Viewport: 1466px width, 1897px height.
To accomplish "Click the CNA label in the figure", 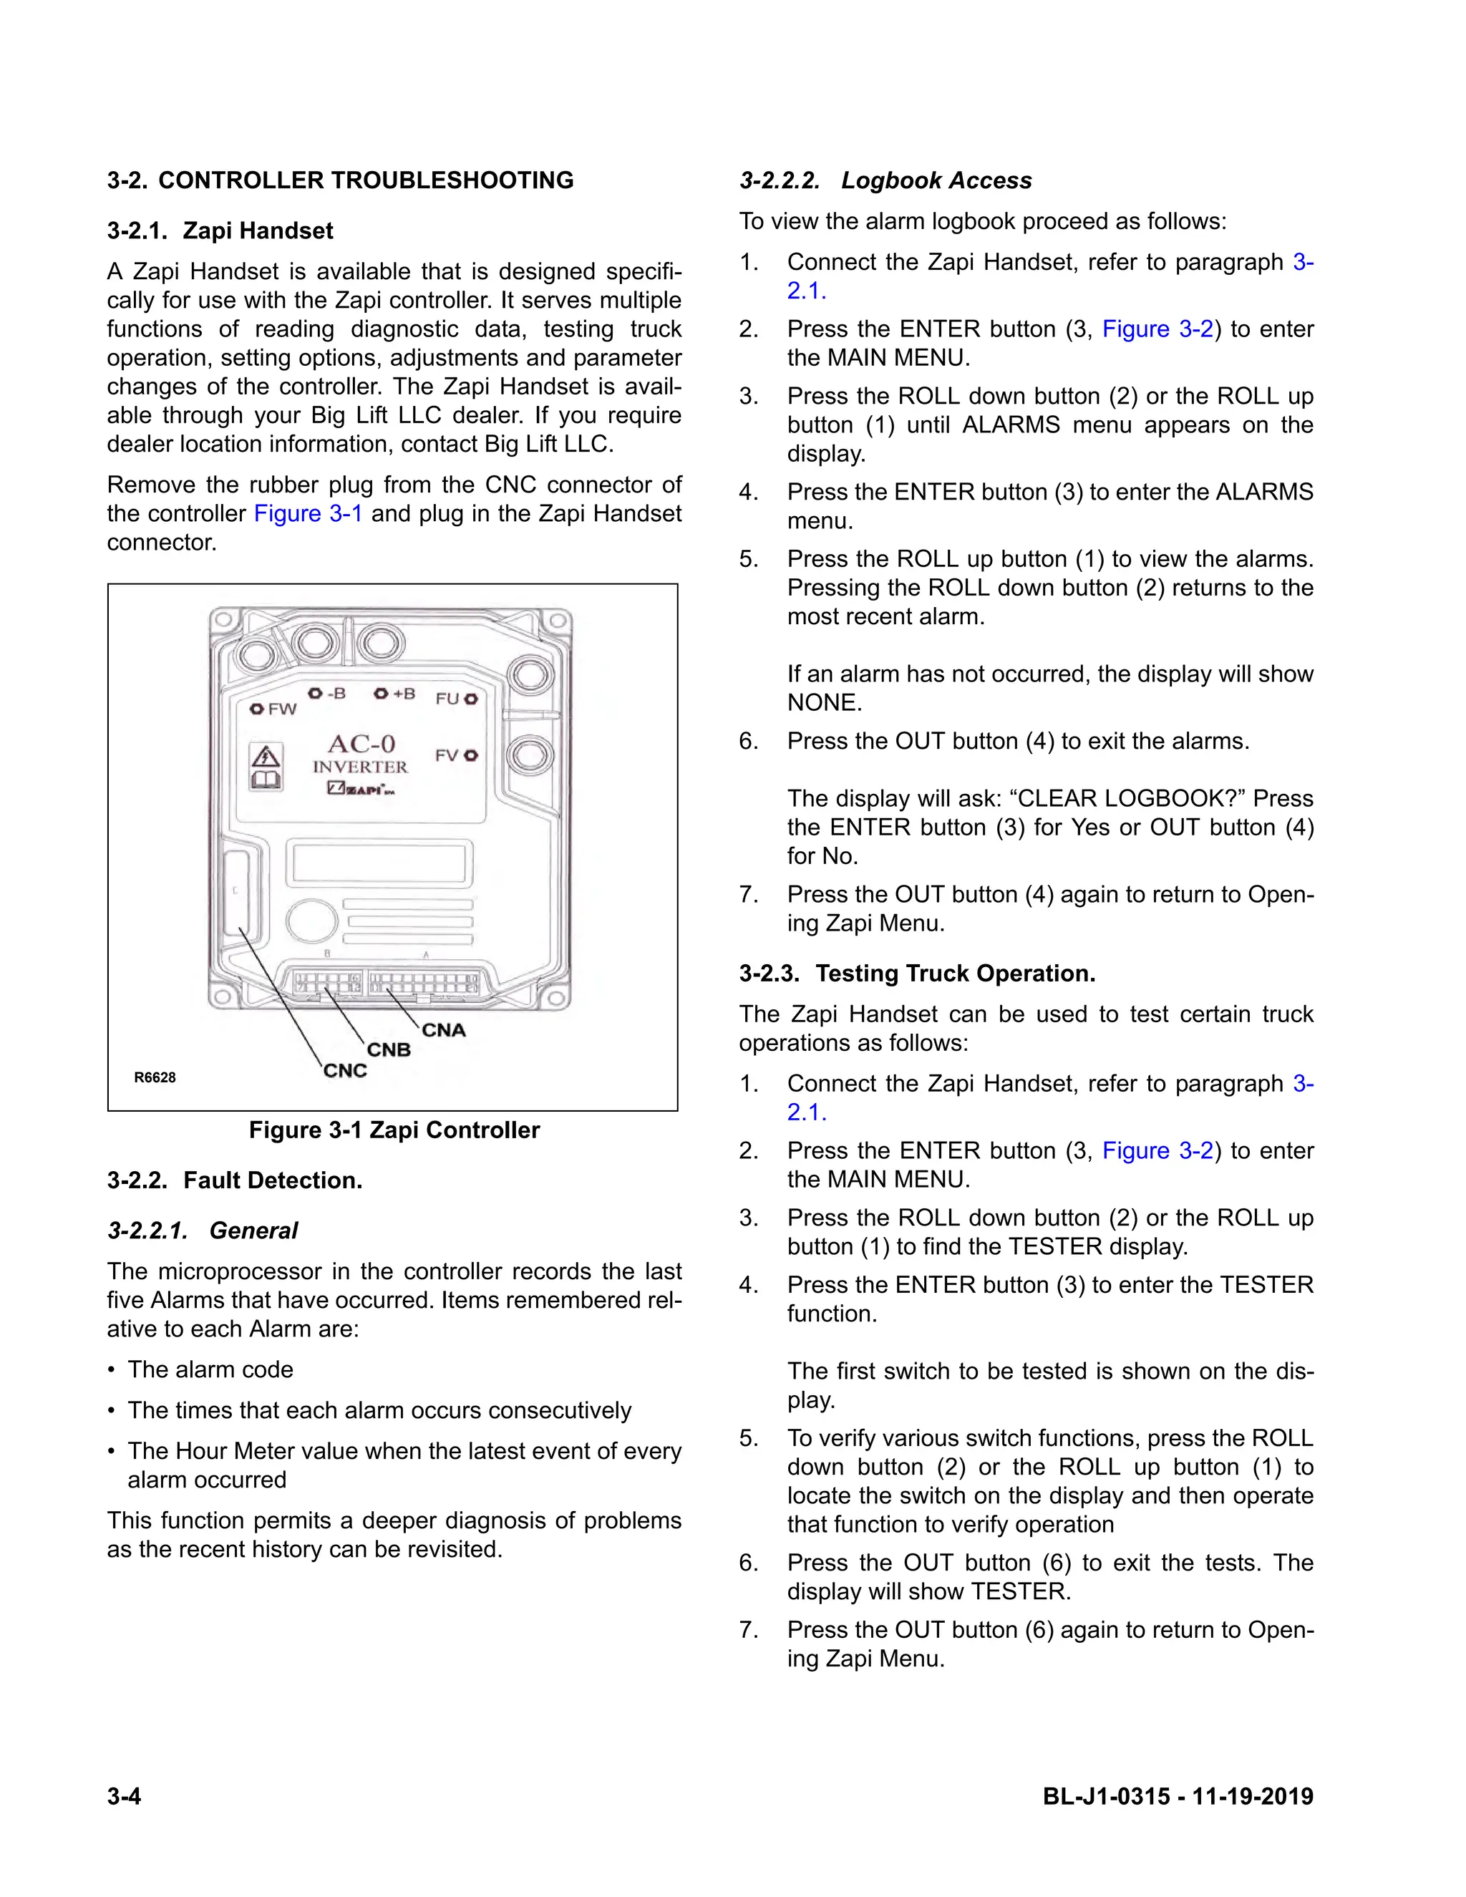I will (x=444, y=1030).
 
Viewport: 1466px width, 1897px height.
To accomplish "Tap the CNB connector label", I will (x=388, y=1050).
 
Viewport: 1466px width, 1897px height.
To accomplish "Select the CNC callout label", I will (x=345, y=1071).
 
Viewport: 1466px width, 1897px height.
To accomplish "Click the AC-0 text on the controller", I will (x=361, y=744).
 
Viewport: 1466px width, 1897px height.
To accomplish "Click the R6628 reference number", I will (x=155, y=1078).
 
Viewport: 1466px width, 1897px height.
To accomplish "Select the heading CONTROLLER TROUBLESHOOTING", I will (x=366, y=180).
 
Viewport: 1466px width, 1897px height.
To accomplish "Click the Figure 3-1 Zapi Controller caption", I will (x=394, y=1130).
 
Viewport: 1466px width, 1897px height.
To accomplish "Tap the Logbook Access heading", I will (x=936, y=180).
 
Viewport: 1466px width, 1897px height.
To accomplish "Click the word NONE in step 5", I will (x=823, y=703).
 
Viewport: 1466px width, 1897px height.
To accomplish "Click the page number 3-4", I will (x=124, y=1796).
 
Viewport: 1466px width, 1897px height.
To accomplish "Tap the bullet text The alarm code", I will (x=210, y=1369).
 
